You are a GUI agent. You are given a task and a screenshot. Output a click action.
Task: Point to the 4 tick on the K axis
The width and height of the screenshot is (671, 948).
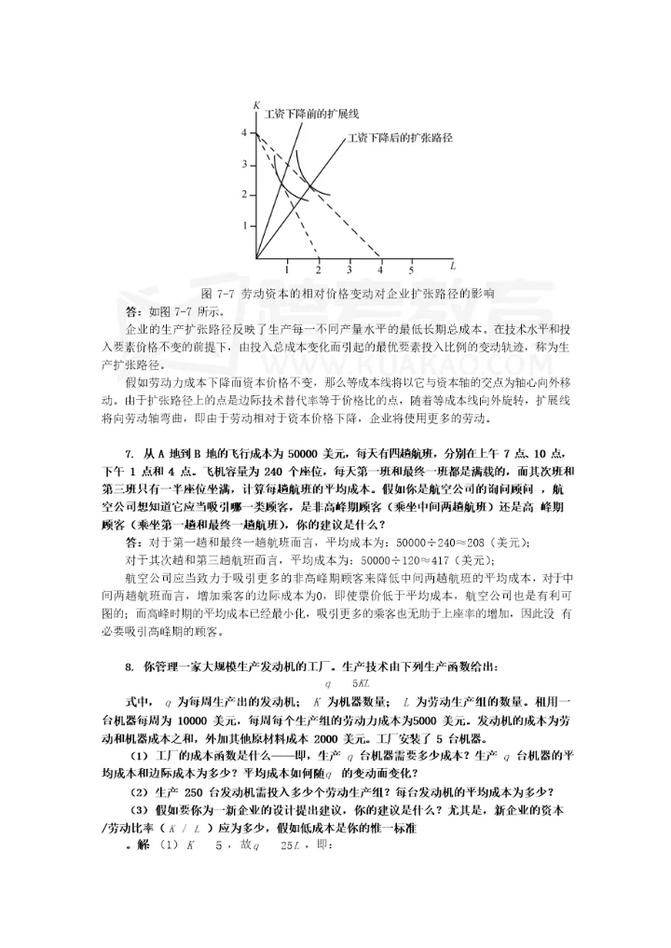pyautogui.click(x=244, y=132)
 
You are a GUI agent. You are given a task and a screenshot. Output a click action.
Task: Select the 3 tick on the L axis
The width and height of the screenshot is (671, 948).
pyautogui.click(x=349, y=269)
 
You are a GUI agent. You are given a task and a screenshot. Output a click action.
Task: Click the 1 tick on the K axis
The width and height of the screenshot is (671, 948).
pyautogui.click(x=244, y=226)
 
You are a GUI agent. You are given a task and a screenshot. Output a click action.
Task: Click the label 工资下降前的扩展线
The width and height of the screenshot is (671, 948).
pyautogui.click(x=300, y=115)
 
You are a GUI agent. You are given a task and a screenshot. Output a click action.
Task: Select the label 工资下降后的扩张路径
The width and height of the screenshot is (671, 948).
pyautogui.click(x=400, y=138)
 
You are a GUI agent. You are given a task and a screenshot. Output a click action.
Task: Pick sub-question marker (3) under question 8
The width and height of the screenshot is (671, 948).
pyautogui.click(x=139, y=809)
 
